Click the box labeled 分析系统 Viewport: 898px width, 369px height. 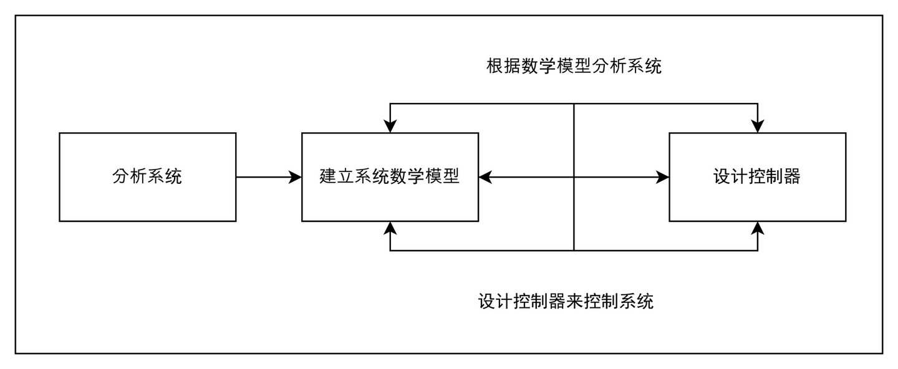coord(147,177)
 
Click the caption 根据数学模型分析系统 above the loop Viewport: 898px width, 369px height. coord(574,66)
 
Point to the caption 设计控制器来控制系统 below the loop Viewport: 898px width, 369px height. coord(566,302)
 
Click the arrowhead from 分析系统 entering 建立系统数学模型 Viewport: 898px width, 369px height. coord(295,177)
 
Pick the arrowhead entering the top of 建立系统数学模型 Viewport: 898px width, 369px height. coord(390,126)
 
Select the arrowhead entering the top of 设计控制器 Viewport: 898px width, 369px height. coord(758,126)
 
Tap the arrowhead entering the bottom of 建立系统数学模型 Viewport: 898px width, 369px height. coord(390,228)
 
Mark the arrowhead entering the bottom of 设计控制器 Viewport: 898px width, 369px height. coord(758,228)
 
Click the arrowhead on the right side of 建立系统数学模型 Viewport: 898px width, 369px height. coord(486,177)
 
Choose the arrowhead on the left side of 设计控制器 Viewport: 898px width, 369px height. coord(662,177)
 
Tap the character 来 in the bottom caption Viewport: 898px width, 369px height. coord(575,302)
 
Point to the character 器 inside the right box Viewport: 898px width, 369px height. coord(792,177)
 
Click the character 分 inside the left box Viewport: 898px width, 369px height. coord(121,177)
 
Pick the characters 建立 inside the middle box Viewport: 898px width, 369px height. coord(337,177)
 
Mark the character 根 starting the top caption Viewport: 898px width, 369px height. coord(495,66)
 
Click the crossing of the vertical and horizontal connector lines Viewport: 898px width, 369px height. coord(574,177)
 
